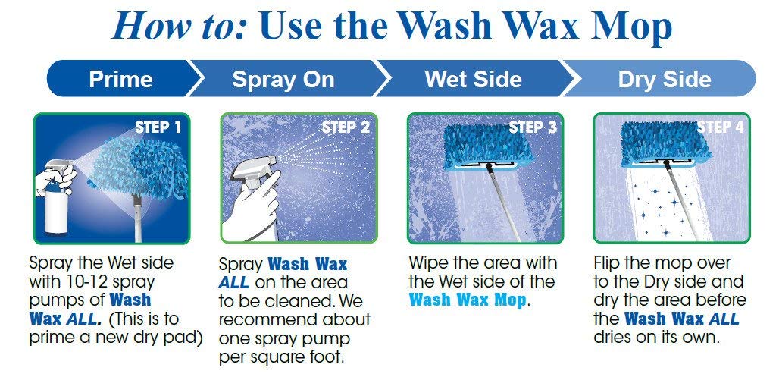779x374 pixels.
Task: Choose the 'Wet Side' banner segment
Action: coord(473,79)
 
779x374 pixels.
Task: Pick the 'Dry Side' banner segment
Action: coord(664,79)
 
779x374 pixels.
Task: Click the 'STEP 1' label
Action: coord(158,127)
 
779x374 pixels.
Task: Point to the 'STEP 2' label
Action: coord(346,127)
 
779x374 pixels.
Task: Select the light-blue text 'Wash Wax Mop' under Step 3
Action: coord(467,300)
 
